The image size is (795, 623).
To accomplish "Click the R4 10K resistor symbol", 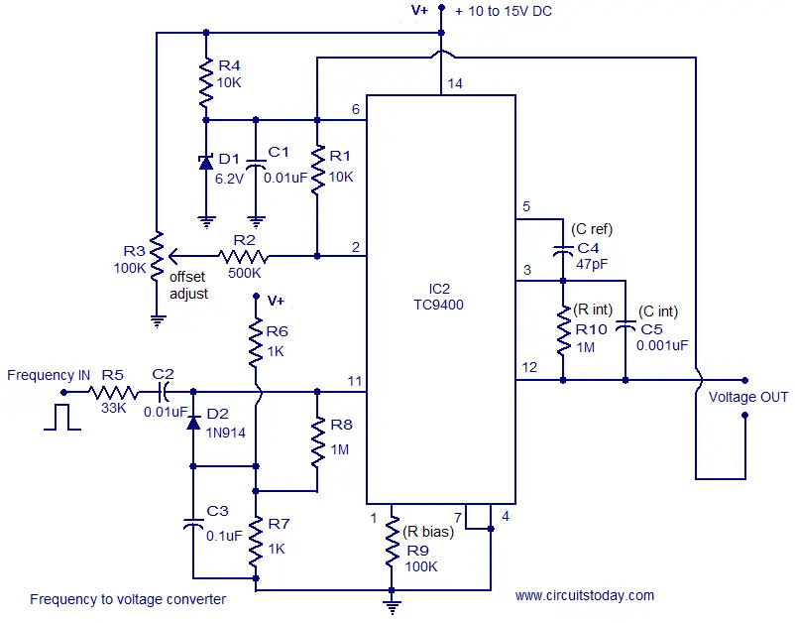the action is pos(206,82).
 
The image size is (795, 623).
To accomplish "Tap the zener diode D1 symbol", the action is pos(206,163).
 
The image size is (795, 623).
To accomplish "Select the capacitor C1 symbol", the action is pos(256,164).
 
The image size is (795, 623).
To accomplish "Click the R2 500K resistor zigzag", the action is pos(244,256).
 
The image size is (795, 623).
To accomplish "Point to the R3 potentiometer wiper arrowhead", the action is pos(172,257).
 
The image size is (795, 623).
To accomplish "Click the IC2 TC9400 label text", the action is pos(438,297).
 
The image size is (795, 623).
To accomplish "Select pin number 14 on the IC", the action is pos(455,83).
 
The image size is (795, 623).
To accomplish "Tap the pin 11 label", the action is pos(355,381).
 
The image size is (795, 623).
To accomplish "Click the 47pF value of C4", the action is pos(592,264).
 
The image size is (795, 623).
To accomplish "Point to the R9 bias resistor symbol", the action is pos(392,542).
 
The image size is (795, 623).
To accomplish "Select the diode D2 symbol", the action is pos(193,422).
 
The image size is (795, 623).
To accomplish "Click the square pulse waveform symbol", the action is pos(61,417).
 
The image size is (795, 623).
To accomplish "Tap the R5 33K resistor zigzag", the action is pos(113,392).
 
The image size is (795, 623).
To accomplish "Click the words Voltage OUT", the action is pos(747,397).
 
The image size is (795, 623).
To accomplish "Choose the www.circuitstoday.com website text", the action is pos(585,595).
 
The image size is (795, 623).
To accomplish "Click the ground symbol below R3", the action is pos(158,321).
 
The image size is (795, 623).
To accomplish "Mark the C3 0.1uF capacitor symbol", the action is pos(193,524).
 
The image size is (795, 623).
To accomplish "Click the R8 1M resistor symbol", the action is pos(317,441).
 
